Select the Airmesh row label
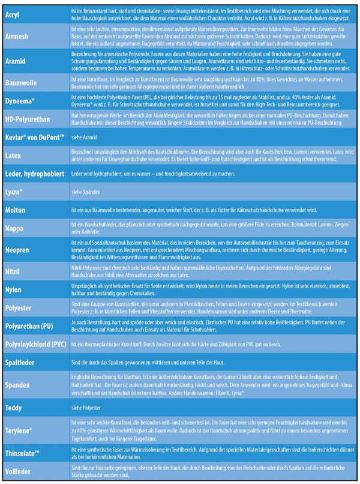(17, 37)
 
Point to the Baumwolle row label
(22, 83)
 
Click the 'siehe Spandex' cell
(85, 192)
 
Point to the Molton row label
(16, 210)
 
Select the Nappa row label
(14, 229)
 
